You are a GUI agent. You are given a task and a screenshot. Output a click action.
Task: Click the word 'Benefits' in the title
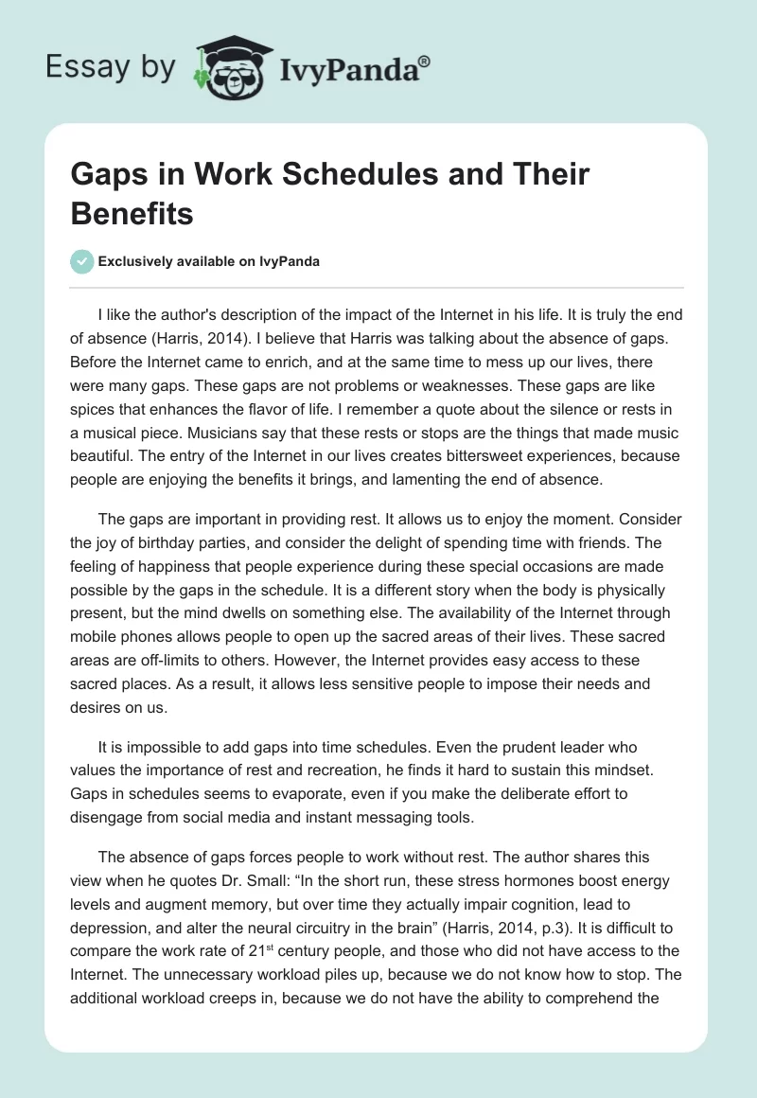(132, 213)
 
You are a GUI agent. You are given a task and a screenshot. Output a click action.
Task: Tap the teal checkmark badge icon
(82, 261)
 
